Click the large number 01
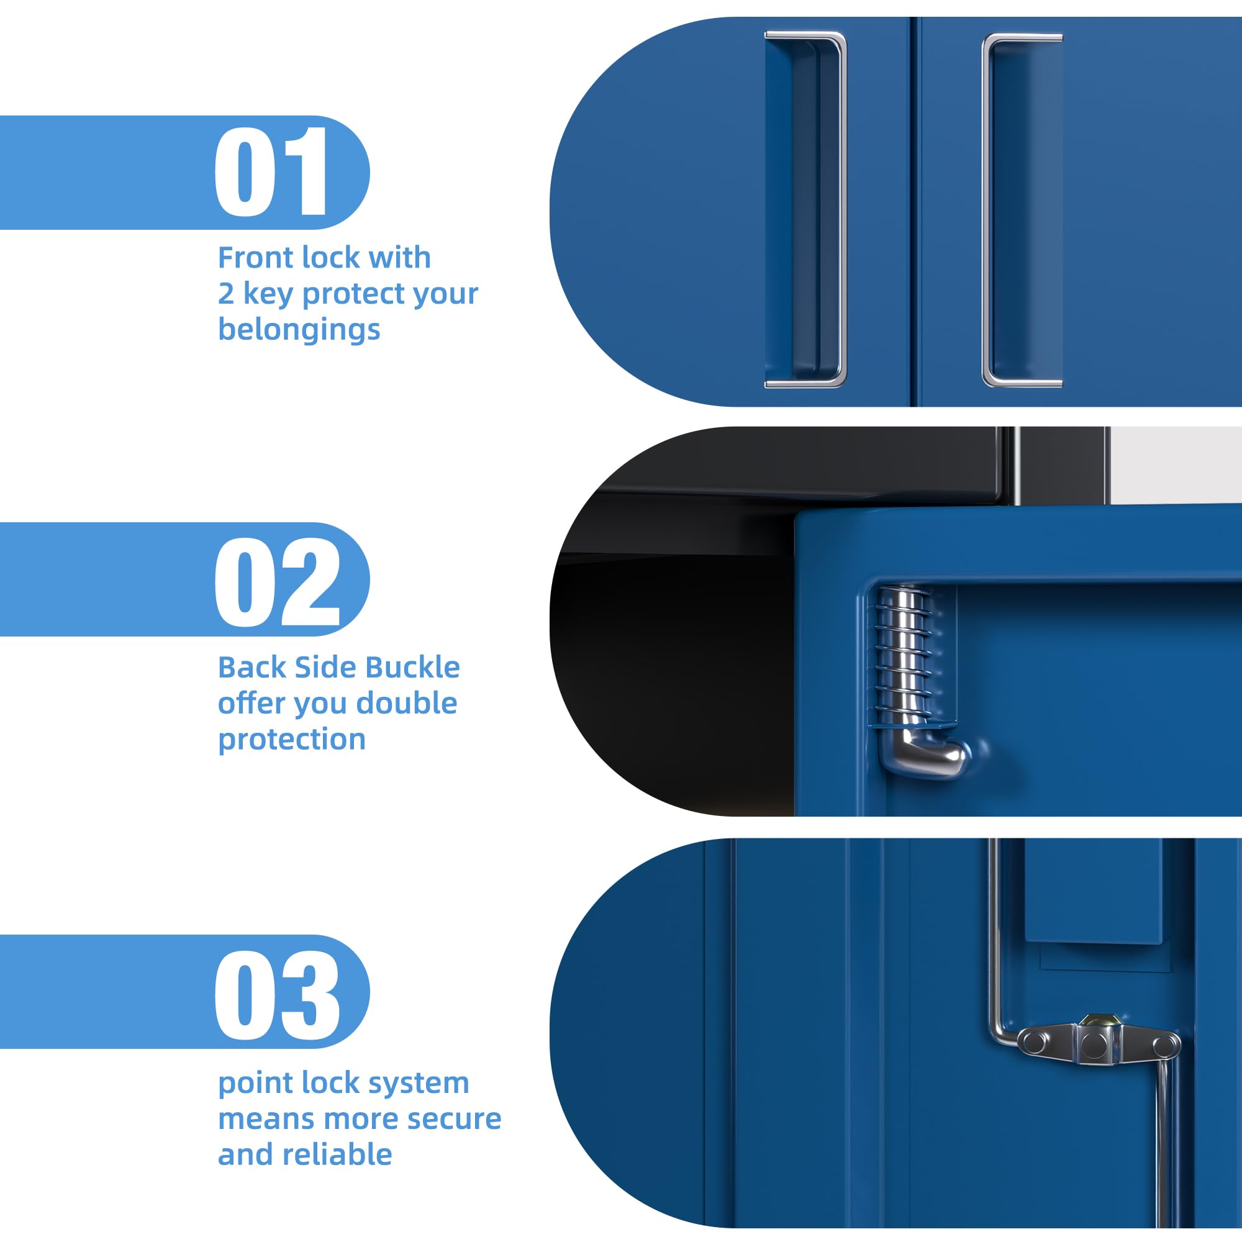tap(271, 171)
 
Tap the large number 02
tap(277, 582)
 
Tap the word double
tap(406, 704)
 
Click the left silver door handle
tap(805, 209)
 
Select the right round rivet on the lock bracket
tap(1165, 1045)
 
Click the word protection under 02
tap(292, 741)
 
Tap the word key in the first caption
tap(268, 294)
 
